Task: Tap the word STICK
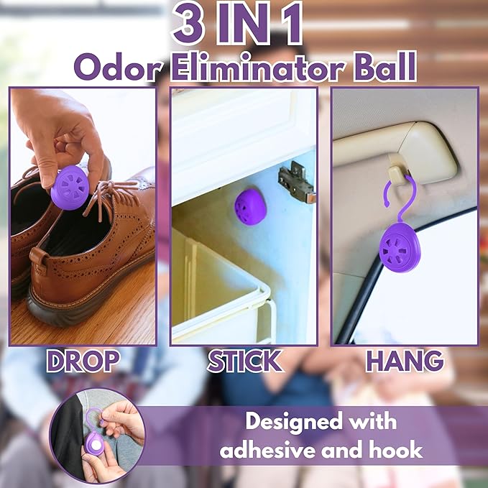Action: pos(244,362)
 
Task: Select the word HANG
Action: pos(404,362)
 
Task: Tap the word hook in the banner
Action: pos(396,451)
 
